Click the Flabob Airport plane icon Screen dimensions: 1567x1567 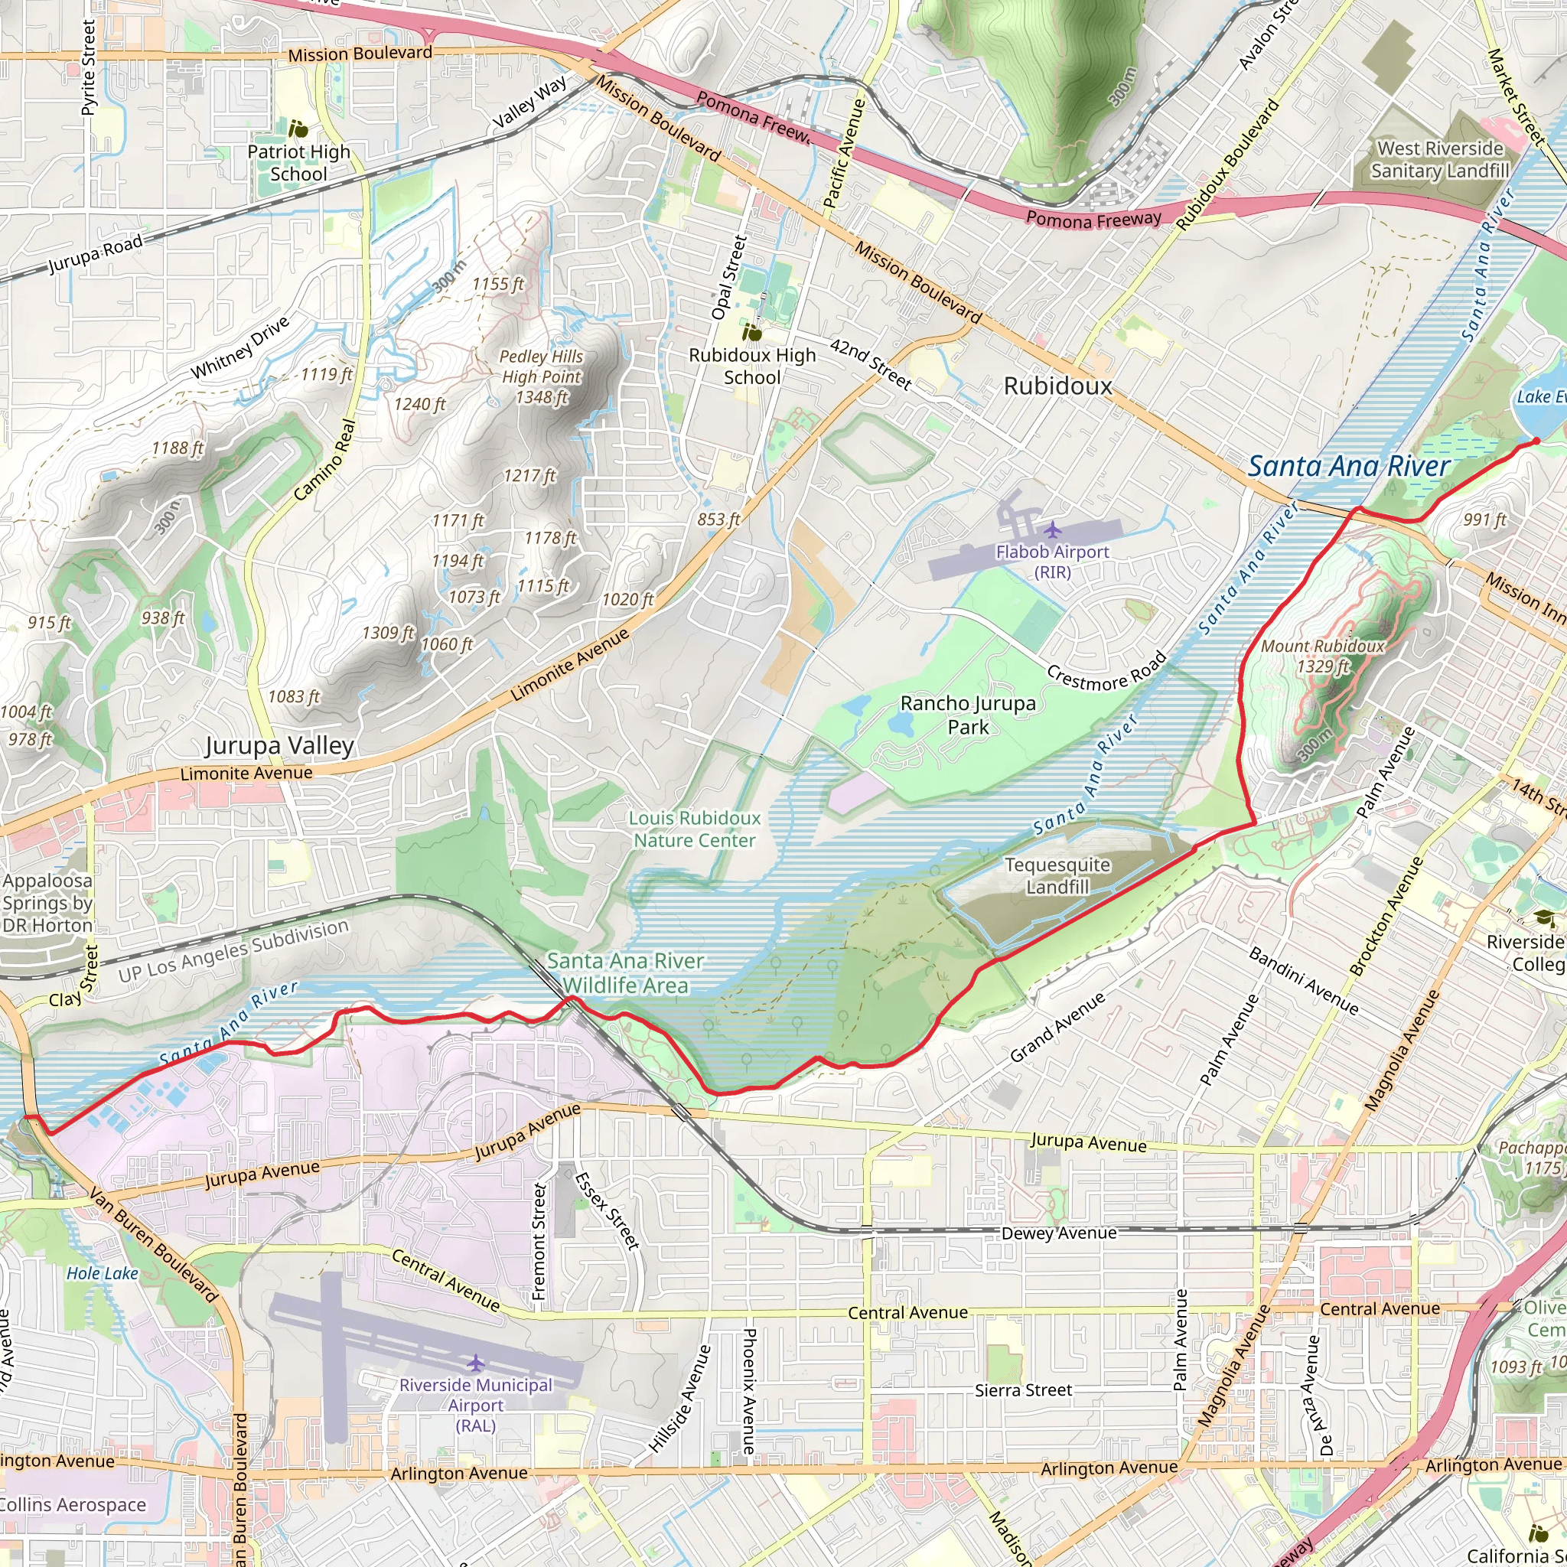click(x=1052, y=530)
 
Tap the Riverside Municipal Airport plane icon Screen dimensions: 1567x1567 click(x=475, y=1363)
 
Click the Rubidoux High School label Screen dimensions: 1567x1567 click(x=752, y=366)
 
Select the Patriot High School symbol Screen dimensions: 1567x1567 click(x=298, y=128)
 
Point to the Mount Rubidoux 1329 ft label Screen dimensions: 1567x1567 click(x=1322, y=656)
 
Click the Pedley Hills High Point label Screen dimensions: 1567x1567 click(x=541, y=376)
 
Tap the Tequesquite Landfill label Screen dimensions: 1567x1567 click(x=1057, y=876)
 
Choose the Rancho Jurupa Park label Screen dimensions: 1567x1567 click(x=968, y=715)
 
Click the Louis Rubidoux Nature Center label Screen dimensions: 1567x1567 click(x=694, y=829)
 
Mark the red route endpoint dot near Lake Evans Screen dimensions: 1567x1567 click(x=1536, y=441)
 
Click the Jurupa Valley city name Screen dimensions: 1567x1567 click(x=279, y=745)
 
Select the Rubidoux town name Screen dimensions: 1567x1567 click(x=1057, y=386)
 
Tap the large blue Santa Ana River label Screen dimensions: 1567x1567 click(x=1348, y=467)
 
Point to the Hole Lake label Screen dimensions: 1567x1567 click(x=103, y=1273)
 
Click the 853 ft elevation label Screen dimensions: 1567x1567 click(x=718, y=519)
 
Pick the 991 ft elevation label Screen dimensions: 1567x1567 click(x=1484, y=520)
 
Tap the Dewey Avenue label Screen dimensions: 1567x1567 click(x=1058, y=1233)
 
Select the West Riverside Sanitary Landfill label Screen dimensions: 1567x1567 click(x=1440, y=160)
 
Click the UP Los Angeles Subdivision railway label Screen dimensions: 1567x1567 click(x=233, y=950)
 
